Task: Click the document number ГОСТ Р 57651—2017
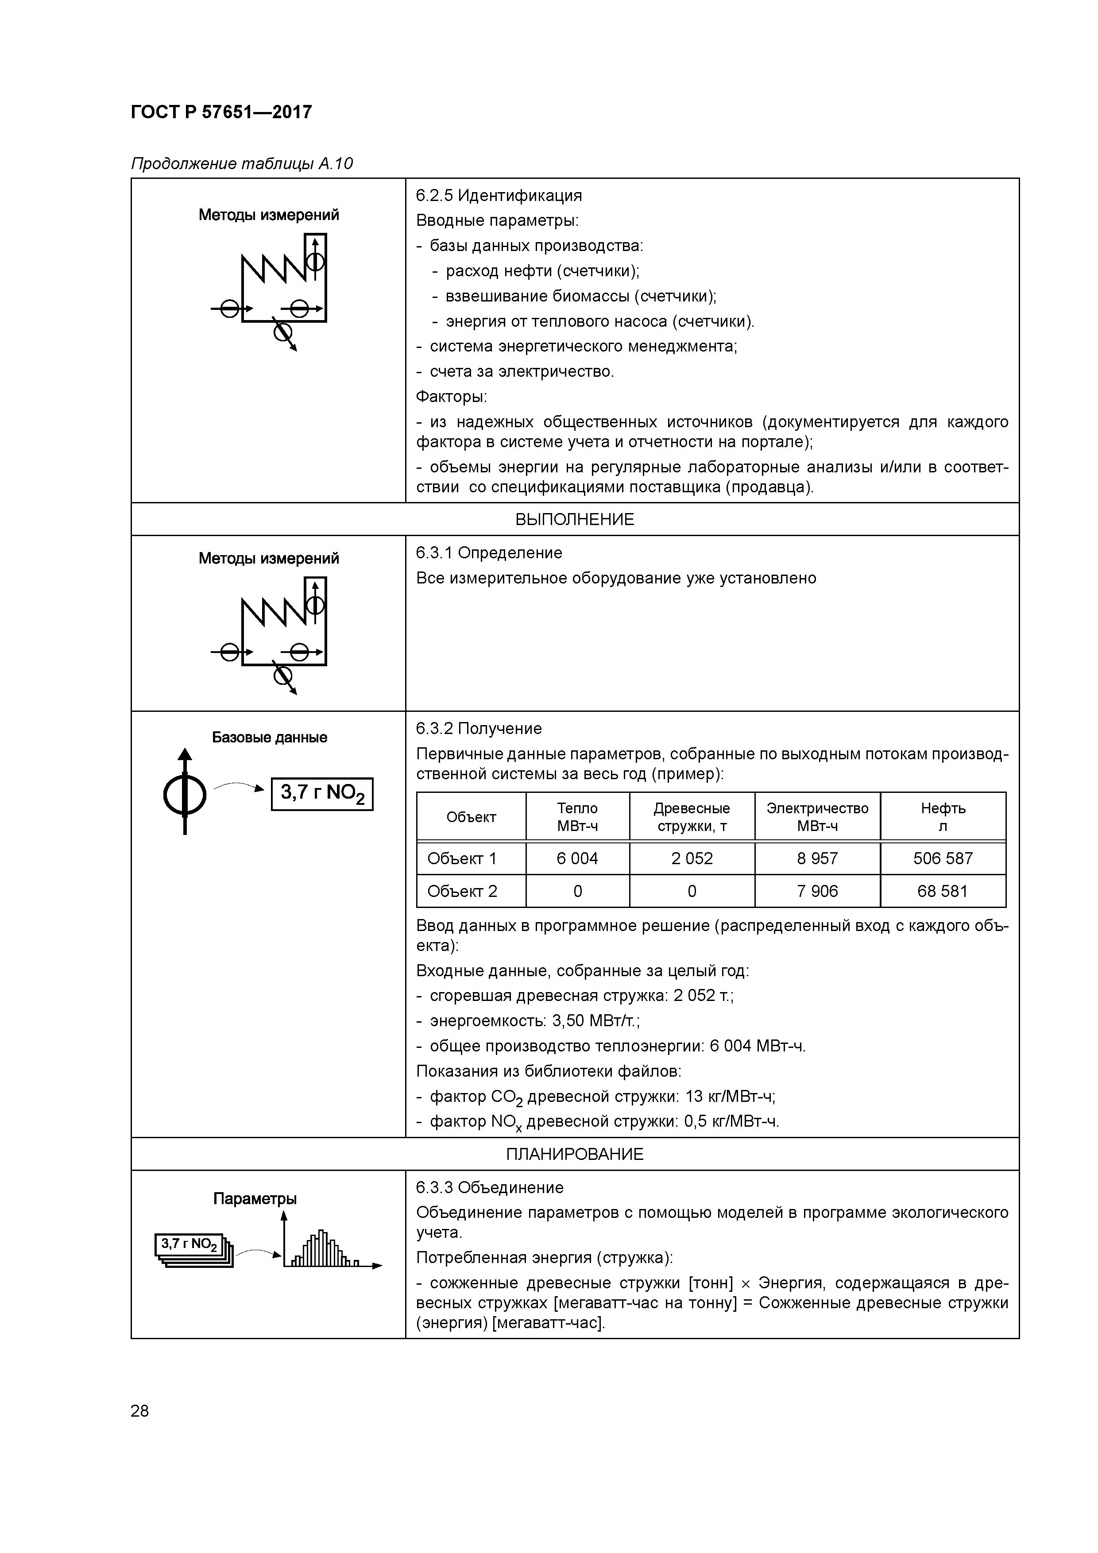(x=221, y=112)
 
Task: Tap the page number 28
(x=139, y=1411)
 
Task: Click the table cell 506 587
(x=943, y=858)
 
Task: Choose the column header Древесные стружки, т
(x=692, y=816)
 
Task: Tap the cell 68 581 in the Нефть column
(x=943, y=891)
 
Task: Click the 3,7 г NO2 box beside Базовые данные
(x=322, y=793)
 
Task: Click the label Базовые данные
(x=269, y=737)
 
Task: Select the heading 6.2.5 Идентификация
(x=499, y=196)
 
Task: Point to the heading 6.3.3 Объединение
(x=489, y=1187)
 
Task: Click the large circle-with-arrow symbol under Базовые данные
(x=184, y=793)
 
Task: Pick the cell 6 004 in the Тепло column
(x=577, y=858)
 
